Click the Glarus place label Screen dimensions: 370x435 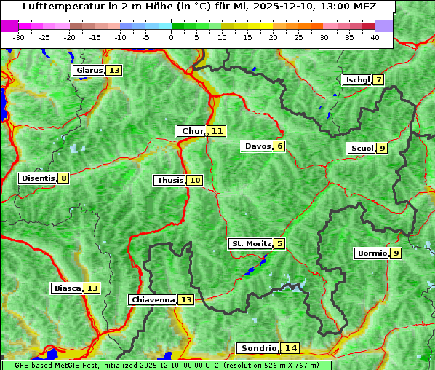pos(89,71)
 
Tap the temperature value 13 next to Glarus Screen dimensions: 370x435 pos(114,71)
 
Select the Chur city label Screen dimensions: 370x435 pos(193,131)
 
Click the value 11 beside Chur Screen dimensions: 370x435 pos(217,131)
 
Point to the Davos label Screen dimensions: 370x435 pos(258,146)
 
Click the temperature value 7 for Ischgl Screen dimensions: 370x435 pos(378,79)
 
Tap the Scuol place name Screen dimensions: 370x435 pos(362,149)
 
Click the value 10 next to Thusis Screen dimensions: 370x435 pos(194,181)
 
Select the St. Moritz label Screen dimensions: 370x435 pos(251,244)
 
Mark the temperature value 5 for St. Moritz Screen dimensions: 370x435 pos(280,244)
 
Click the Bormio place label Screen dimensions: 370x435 pos(371,253)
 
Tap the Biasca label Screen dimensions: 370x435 pos(68,288)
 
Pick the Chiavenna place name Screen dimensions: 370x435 pos(153,299)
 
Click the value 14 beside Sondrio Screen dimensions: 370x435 pos(290,348)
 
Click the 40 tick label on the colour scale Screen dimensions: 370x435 pos(374,37)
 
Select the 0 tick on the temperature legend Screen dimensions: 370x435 pos(171,37)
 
